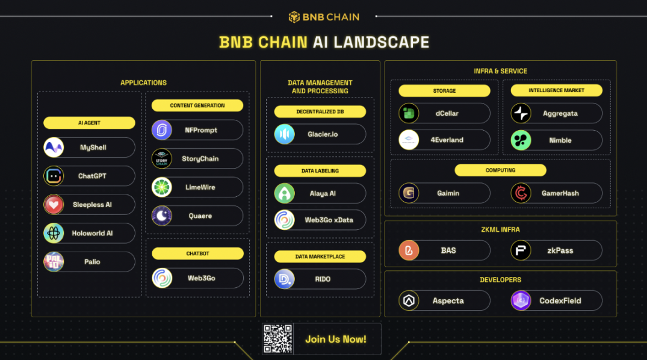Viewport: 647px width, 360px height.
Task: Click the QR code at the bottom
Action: click(277, 339)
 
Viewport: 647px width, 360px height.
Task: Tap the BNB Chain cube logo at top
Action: click(294, 17)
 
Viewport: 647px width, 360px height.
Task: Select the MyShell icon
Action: click(54, 147)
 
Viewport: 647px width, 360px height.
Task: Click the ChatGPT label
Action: click(92, 176)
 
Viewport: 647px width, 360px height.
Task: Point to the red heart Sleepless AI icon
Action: click(54, 205)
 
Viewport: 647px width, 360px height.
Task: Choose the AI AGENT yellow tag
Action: click(89, 123)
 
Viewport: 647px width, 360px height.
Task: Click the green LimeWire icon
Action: click(162, 187)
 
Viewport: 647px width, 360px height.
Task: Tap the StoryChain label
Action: click(200, 159)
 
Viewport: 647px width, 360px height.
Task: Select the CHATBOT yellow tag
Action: click(197, 253)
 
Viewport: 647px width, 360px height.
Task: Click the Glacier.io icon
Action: click(284, 134)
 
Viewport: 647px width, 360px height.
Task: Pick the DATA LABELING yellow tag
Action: click(320, 171)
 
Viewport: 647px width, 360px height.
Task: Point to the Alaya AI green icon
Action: click(284, 193)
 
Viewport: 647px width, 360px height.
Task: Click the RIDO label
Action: click(323, 279)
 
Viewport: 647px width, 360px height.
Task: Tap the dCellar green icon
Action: click(409, 113)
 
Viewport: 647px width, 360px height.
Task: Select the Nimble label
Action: click(560, 140)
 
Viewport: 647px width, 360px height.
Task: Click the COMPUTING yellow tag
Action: click(501, 170)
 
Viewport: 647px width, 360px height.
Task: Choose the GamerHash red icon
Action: click(521, 193)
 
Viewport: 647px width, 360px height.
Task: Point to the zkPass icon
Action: click(521, 250)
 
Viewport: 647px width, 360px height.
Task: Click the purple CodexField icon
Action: click(521, 300)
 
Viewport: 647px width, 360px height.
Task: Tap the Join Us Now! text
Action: click(336, 340)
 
